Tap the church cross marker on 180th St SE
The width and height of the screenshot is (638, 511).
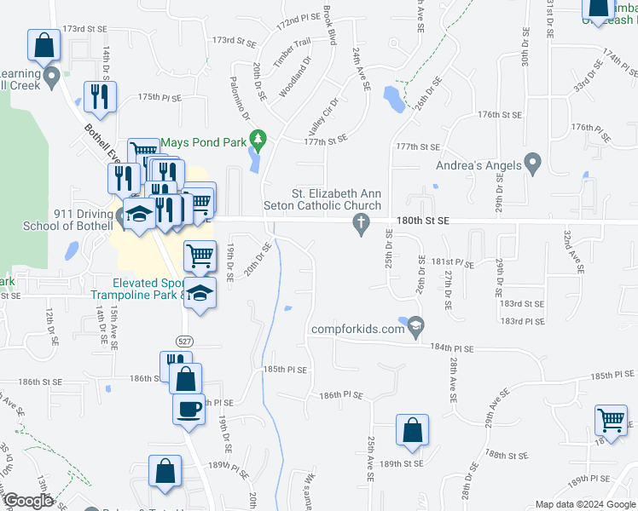tap(361, 224)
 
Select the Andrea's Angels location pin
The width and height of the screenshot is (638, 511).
tap(533, 161)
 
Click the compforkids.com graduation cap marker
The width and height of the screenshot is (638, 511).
tap(415, 324)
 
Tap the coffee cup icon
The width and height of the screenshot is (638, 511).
tap(188, 407)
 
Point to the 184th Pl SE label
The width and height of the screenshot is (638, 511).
tap(450, 348)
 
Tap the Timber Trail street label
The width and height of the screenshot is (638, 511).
tap(291, 54)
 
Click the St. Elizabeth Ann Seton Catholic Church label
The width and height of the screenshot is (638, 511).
tap(336, 199)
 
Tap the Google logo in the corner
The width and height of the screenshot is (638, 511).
tap(27, 501)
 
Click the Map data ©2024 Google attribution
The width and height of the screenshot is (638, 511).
tap(584, 504)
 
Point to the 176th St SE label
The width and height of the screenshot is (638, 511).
tap(499, 114)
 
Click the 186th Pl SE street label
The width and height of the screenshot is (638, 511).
tap(341, 396)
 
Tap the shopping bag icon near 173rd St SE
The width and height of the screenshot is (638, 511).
tap(43, 45)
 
